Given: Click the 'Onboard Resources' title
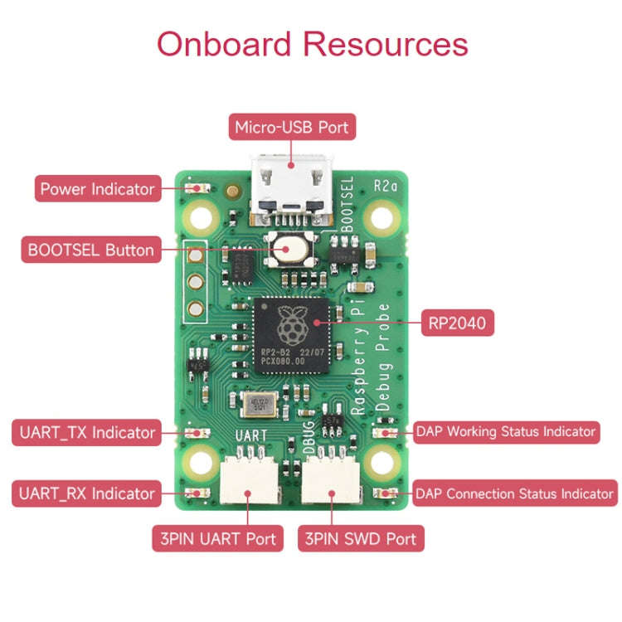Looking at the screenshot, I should (312, 43).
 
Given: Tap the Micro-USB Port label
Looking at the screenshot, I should (292, 128).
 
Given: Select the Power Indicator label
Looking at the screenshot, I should (97, 189).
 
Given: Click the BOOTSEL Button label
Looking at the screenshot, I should (90, 250).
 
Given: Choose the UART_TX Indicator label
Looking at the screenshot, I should (85, 432).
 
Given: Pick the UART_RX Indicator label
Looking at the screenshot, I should (85, 493).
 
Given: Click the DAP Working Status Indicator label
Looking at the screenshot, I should (506, 431).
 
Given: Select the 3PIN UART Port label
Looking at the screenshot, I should (214, 538).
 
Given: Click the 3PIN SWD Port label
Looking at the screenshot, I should (360, 538).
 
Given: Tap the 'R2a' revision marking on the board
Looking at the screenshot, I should (386, 185).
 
